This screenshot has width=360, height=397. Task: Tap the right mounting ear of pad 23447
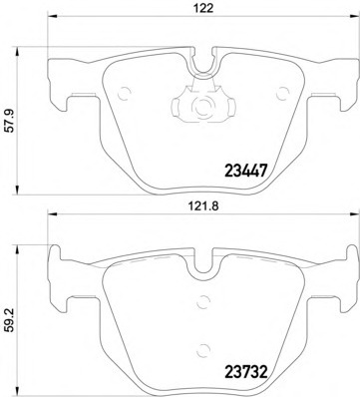click(338, 79)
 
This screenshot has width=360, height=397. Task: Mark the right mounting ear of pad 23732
click(338, 279)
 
